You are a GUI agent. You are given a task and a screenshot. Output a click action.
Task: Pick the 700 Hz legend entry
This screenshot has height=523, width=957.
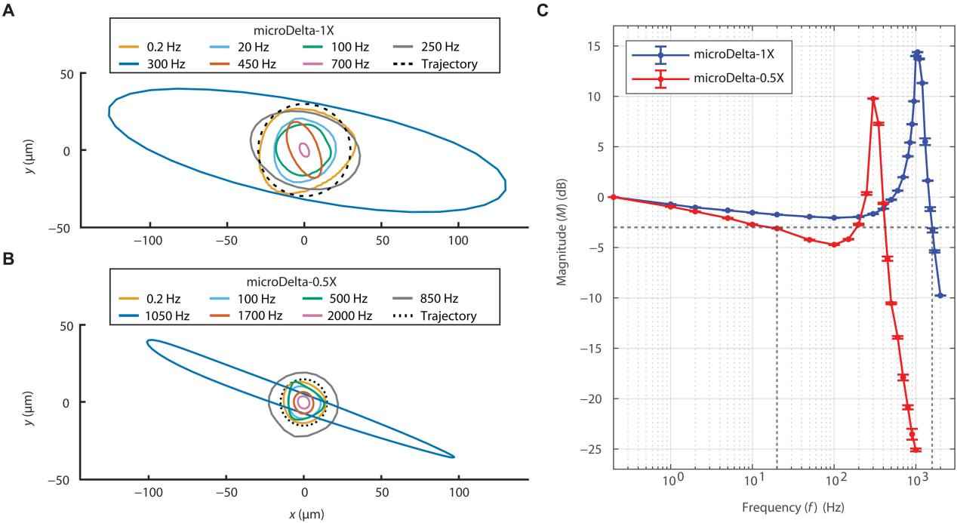pos(335,64)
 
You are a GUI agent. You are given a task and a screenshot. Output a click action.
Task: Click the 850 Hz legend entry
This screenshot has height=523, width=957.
pos(435,300)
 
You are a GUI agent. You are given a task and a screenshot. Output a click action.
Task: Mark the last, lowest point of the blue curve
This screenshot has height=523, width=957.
pos(940,296)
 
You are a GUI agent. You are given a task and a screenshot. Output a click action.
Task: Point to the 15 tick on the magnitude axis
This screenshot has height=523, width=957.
pos(596,46)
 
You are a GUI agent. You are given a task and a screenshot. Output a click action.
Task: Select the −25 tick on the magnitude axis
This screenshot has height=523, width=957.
pos(593,449)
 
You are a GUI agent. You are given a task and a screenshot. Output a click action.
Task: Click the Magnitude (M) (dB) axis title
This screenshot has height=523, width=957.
pos(562,248)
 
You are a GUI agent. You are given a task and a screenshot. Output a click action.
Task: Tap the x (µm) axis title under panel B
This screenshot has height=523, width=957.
pos(304,514)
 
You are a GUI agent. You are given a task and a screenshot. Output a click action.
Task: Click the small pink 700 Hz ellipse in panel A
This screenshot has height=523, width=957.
pos(304,150)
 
